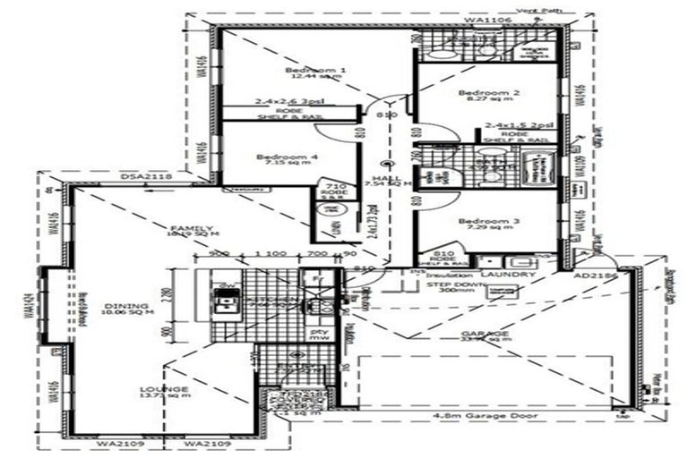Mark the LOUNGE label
[x=164, y=389]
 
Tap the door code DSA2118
[x=145, y=179]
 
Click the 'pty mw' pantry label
[x=318, y=335]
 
